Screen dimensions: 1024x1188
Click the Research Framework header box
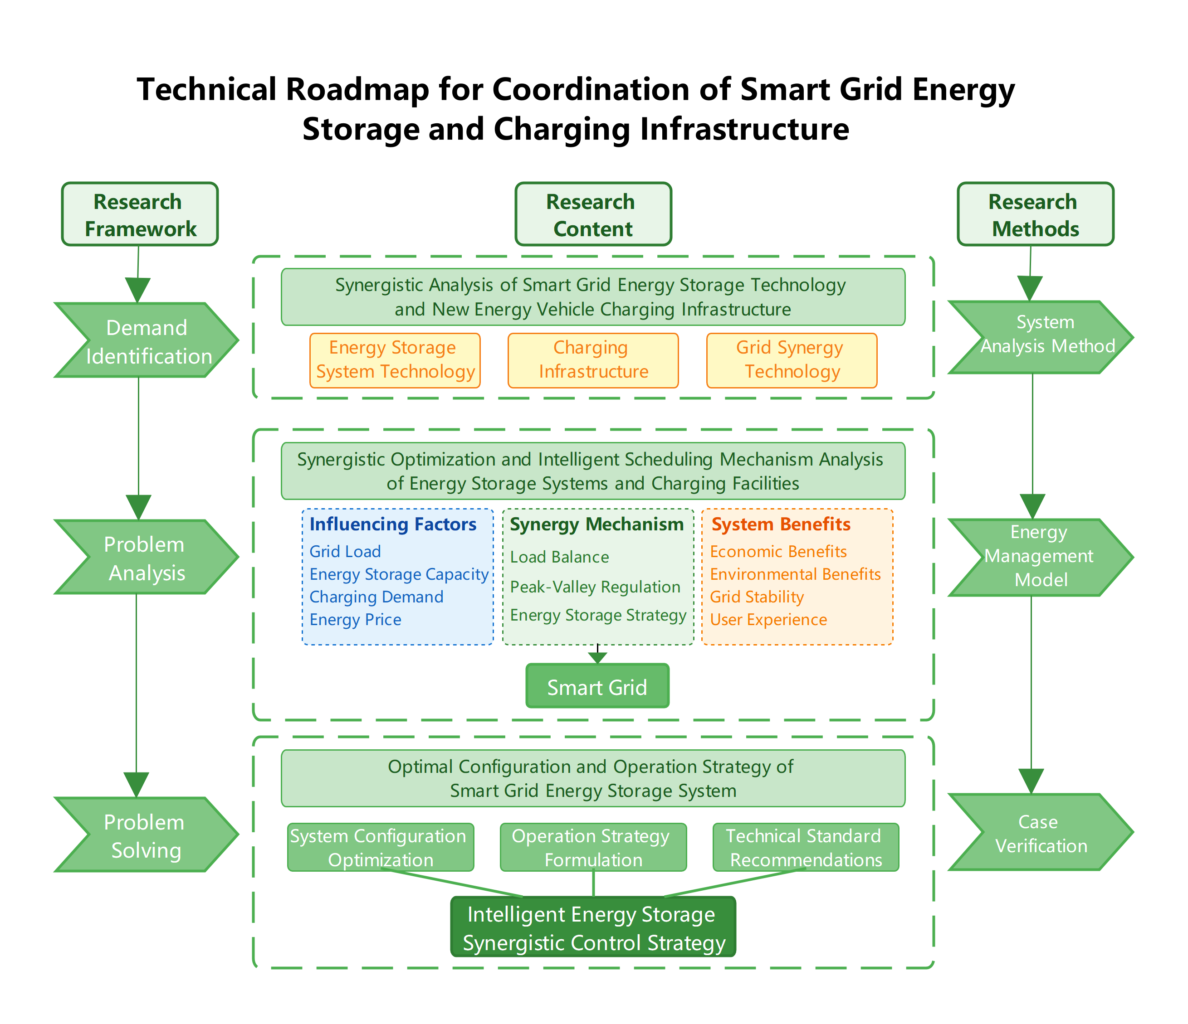139,214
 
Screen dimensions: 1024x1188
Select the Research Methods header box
1035,214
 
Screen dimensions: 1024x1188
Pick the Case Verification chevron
1040,832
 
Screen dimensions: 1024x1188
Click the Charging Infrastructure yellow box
593,360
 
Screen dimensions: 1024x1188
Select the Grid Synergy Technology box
791,360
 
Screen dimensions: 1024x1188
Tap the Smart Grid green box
597,686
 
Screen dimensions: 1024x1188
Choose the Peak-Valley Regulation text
595,587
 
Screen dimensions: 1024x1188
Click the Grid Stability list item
756,597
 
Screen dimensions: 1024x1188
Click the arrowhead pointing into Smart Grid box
597,658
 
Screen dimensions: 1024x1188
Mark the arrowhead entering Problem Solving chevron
137,785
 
